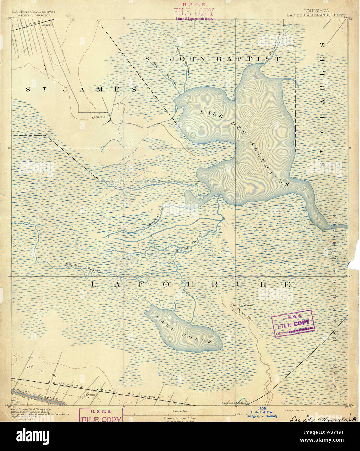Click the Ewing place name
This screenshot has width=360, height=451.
point(90,395)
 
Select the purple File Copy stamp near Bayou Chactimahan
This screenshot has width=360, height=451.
point(293,323)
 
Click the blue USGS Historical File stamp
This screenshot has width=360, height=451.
point(261,412)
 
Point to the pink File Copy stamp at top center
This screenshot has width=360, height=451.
point(194,12)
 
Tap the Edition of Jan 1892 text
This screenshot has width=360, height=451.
point(295,410)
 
